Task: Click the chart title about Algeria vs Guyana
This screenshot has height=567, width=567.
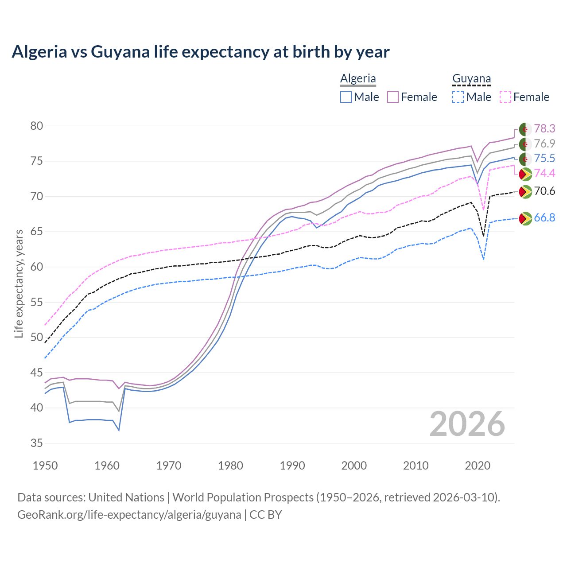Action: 200,52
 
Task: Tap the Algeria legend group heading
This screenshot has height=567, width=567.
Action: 358,78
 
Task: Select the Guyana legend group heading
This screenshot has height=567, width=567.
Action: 471,78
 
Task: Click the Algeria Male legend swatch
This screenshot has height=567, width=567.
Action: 346,97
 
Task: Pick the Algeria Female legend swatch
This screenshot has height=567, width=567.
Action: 393,97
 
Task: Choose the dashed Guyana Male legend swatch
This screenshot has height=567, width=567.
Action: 458,97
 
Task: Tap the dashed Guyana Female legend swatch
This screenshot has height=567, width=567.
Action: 505,97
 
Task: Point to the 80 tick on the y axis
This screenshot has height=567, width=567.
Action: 36,126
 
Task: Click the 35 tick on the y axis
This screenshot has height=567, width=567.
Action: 36,443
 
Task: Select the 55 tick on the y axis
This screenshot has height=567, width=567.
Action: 36,302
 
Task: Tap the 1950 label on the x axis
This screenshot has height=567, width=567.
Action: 45,466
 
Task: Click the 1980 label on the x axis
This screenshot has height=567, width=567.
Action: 230,466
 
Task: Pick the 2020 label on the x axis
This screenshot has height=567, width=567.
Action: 478,466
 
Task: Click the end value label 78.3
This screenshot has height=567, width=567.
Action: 544,128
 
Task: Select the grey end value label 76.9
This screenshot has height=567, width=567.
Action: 544,144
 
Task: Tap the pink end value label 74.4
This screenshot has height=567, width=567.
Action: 544,173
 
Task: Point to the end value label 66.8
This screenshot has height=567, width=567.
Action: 544,217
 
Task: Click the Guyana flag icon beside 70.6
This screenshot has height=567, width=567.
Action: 525,192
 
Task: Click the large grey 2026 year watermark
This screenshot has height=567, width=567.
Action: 467,424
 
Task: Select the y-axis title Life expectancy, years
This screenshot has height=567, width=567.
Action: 19,283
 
